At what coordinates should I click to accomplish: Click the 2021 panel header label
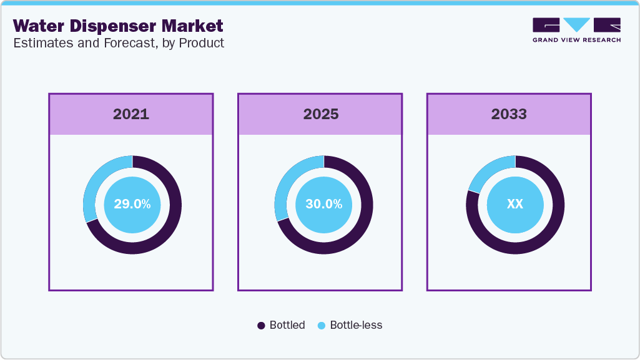131,114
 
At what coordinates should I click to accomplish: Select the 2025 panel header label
321,114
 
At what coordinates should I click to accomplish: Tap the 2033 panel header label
509,114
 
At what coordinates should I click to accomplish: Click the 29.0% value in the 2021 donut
132,204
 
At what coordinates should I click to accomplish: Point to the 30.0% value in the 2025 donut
323,204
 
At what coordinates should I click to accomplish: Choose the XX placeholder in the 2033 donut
514,204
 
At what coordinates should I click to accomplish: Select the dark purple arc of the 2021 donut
169,225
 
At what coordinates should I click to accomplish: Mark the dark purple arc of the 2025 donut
360,225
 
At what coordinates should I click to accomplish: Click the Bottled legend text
287,325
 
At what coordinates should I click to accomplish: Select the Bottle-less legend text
356,325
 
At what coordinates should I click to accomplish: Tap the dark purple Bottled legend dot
262,326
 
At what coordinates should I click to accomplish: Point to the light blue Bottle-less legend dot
322,326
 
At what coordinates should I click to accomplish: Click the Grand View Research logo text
576,40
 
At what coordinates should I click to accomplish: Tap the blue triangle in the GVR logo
577,24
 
